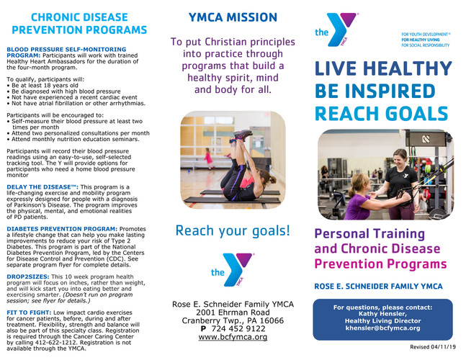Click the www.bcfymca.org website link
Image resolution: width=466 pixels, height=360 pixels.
tap(233, 336)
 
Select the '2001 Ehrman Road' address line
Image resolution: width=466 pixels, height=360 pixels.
tap(233, 312)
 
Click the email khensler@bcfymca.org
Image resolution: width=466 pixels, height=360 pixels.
tap(383, 328)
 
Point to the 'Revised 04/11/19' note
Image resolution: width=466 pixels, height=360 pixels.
tap(433, 348)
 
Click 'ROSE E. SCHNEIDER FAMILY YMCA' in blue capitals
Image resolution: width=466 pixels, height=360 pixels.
tap(377, 287)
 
